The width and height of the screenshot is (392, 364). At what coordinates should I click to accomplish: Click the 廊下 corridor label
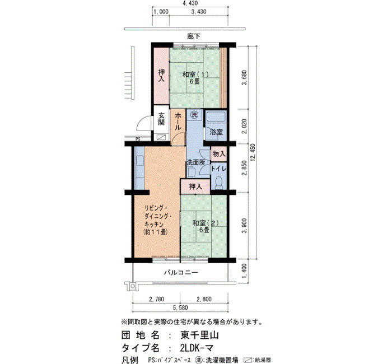point(194,36)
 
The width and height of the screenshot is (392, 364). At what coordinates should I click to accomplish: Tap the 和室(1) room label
point(195,74)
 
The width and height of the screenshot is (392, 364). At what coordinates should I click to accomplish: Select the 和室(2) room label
point(206,223)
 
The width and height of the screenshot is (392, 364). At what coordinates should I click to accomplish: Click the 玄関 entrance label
point(161,119)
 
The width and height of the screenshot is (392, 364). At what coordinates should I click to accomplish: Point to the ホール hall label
point(178,122)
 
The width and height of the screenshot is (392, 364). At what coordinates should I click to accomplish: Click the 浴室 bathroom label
point(216,132)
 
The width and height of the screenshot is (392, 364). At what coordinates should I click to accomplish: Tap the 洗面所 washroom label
point(196,162)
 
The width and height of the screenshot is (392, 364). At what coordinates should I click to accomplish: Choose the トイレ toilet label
point(219,169)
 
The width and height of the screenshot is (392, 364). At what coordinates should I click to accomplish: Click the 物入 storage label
point(219,154)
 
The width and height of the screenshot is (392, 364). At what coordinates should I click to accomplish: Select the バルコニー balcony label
point(181,272)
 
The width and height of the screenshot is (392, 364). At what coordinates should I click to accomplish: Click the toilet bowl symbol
point(219,183)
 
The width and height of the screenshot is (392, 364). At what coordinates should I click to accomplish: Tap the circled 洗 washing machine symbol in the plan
point(194,115)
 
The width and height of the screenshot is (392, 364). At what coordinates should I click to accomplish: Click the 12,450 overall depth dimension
point(253,152)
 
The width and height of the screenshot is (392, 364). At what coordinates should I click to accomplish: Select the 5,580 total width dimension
point(180,307)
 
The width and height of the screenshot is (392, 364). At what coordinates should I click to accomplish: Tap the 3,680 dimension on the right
point(245,77)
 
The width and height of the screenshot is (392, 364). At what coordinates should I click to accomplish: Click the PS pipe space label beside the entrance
point(138,139)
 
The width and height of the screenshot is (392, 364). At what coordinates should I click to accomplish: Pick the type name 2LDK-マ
point(197,348)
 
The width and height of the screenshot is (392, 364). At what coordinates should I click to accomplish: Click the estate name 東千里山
point(199,335)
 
